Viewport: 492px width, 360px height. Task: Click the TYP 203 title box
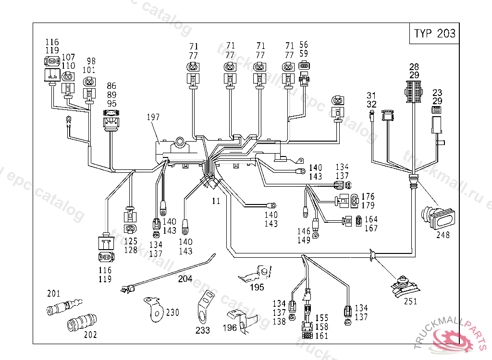[435, 34]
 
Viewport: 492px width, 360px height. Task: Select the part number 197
[154, 117]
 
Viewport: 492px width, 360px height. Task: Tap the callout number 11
[216, 201]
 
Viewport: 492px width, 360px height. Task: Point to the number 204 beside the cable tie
[185, 278]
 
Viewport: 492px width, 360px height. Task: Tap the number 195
[257, 288]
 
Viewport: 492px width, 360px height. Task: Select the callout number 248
[443, 235]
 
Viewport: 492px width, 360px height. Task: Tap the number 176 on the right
[368, 196]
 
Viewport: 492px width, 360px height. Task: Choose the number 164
[370, 219]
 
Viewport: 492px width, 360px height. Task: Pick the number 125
[131, 241]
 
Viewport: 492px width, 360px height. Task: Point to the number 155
[321, 318]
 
